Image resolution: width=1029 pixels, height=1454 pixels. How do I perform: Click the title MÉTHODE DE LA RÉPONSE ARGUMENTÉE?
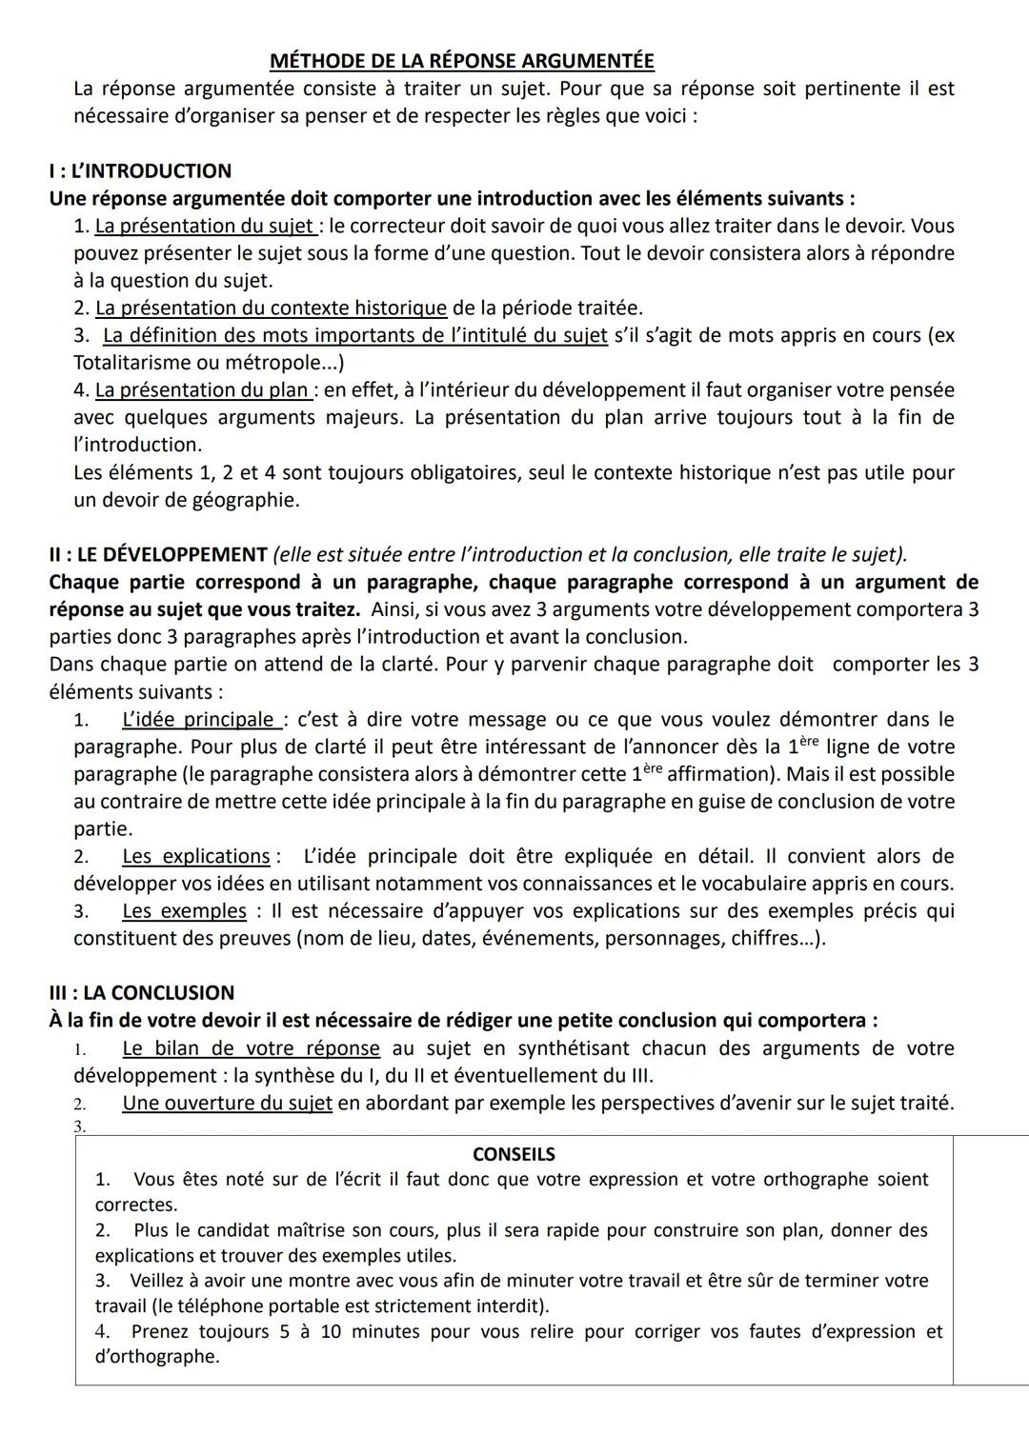(462, 61)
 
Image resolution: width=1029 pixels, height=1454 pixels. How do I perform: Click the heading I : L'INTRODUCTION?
(140, 171)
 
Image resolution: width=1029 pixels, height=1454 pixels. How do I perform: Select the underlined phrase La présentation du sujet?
(205, 227)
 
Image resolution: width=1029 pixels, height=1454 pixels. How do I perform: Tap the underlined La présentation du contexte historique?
(271, 309)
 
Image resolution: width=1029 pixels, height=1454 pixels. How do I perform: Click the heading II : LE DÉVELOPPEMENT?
(158, 555)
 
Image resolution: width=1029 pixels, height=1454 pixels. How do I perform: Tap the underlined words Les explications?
(196, 857)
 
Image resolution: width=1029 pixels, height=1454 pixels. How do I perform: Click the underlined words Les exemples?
(184, 911)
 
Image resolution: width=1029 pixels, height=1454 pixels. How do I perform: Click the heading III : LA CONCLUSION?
(141, 993)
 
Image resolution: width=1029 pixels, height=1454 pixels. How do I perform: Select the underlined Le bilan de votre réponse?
(251, 1049)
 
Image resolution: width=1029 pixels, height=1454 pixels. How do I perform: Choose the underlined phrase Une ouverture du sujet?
(227, 1104)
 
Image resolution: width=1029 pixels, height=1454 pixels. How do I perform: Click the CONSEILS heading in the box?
(514, 1155)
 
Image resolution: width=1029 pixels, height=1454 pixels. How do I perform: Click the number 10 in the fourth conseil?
(331, 1332)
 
